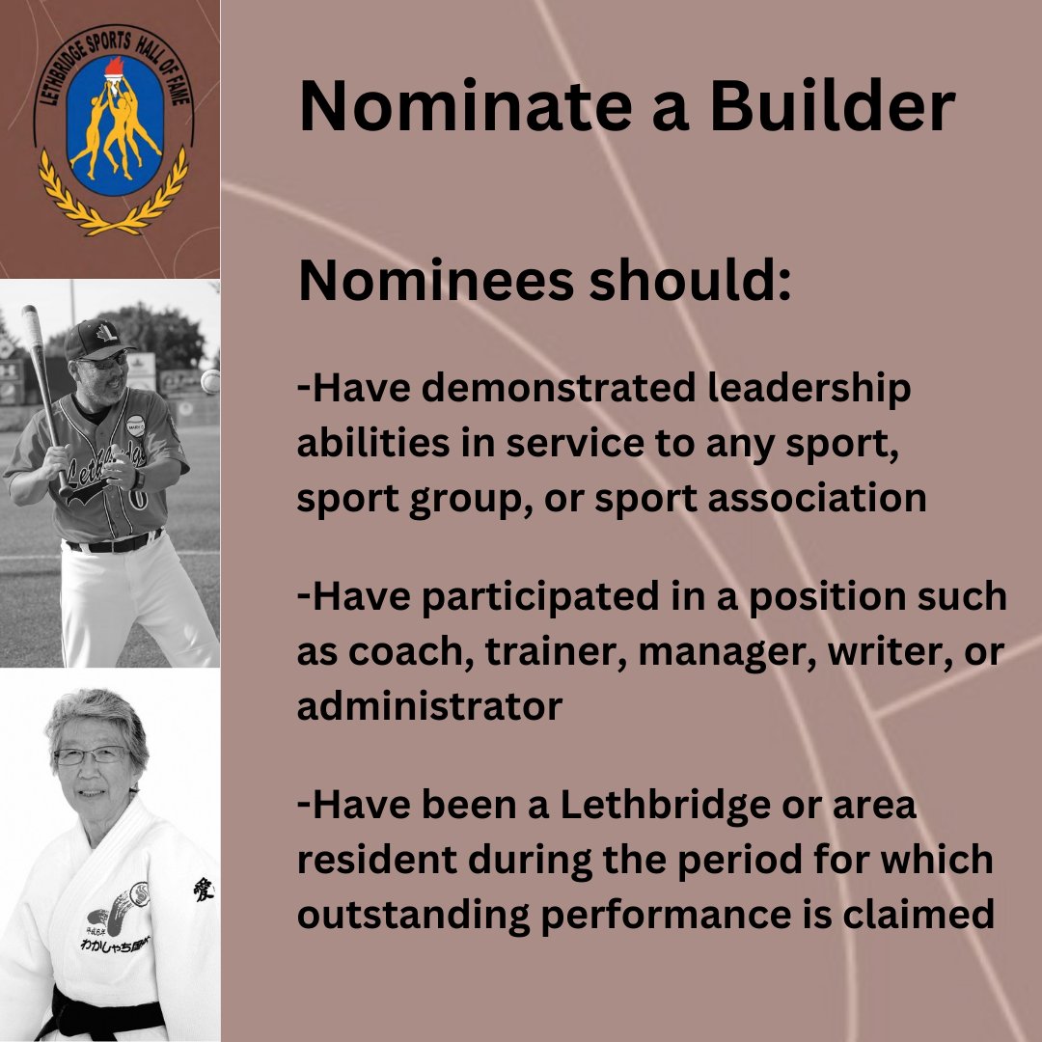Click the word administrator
(429, 707)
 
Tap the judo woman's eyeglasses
(91, 755)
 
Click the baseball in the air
(209, 381)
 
